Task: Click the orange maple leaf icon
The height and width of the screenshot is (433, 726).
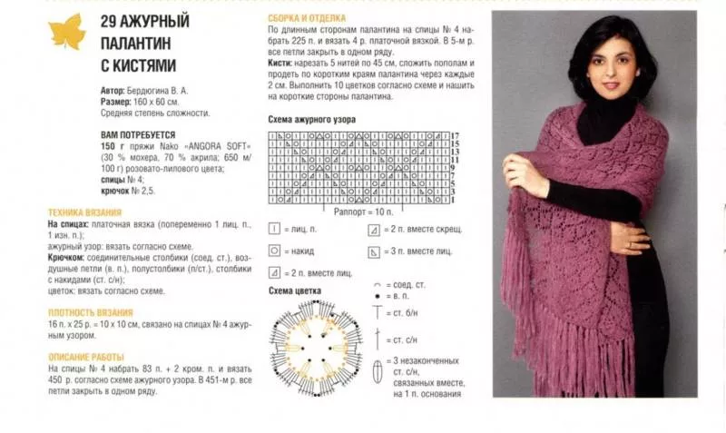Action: click(66, 32)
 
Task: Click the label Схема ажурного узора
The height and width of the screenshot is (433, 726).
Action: click(311, 120)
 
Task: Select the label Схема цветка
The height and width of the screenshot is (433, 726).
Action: click(294, 290)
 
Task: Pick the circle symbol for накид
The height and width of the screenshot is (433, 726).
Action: click(274, 251)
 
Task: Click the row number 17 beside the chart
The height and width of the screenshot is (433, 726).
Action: click(455, 134)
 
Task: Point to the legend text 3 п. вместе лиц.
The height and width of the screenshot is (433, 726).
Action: click(422, 251)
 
